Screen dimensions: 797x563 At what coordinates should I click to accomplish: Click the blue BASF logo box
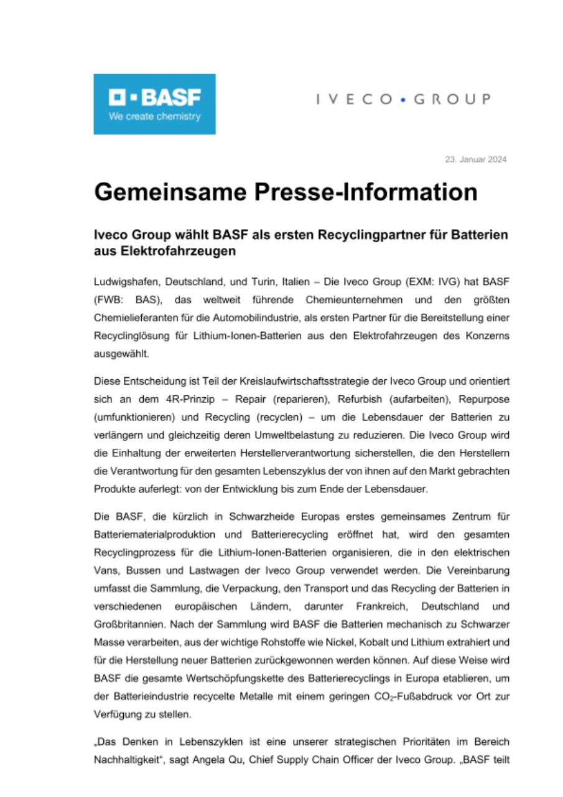point(154,104)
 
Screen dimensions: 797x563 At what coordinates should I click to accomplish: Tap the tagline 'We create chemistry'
point(154,116)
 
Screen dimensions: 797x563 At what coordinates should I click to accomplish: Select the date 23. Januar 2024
point(475,160)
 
